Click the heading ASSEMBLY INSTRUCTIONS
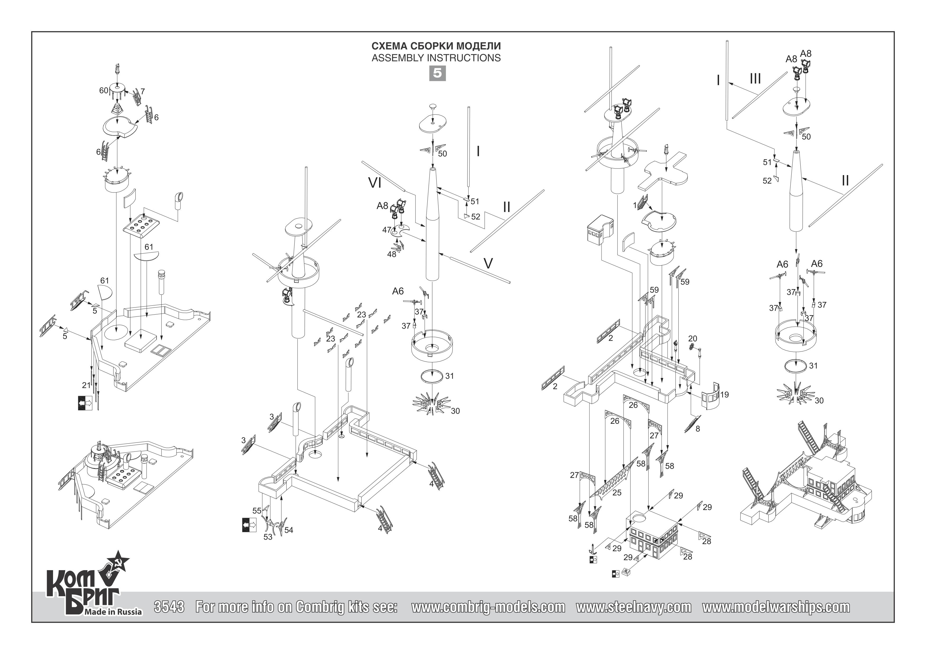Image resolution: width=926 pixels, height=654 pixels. (x=436, y=58)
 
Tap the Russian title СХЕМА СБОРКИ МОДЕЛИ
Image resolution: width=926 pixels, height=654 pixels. (x=436, y=46)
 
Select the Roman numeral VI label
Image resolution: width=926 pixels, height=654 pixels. (x=375, y=183)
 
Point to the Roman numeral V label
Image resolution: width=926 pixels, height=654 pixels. (x=488, y=263)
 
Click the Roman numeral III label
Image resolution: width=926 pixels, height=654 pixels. (x=755, y=79)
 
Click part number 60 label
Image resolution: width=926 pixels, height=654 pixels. (x=104, y=91)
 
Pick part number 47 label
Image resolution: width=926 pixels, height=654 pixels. (x=386, y=230)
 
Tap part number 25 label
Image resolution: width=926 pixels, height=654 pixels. (x=617, y=492)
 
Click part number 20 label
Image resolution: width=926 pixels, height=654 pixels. (x=692, y=339)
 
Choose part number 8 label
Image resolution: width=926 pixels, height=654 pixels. (x=698, y=429)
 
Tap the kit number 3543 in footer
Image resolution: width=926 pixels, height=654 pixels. (x=169, y=607)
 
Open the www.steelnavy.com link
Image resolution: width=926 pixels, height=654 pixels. (x=634, y=607)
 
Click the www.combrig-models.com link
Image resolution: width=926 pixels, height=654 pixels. (x=488, y=607)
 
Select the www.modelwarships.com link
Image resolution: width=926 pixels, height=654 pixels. (x=776, y=607)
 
